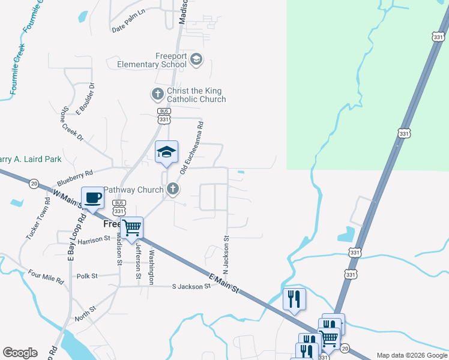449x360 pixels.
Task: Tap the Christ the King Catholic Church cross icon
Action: point(157,94)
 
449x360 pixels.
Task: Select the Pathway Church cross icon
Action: point(173,190)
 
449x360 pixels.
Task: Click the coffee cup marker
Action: point(92,197)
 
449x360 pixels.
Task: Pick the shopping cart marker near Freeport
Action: point(131,228)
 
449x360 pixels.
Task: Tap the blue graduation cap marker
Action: point(166,152)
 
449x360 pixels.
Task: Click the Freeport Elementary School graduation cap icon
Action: point(196,59)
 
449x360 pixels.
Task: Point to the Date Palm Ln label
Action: point(128,28)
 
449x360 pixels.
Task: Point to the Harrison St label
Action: point(91,239)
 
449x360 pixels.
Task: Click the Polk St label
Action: point(87,276)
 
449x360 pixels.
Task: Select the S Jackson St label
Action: point(191,286)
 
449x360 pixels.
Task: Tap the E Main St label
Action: point(224,283)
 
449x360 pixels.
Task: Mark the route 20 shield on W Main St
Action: point(34,183)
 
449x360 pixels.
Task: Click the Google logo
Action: point(20,353)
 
